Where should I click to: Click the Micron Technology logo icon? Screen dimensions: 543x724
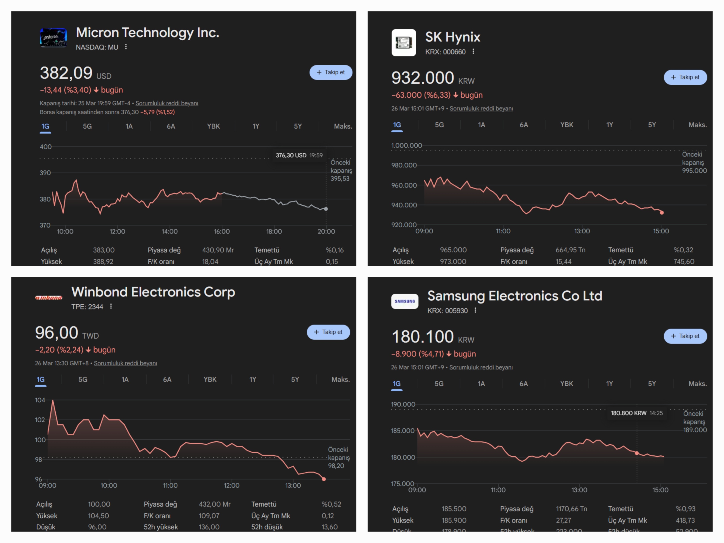click(53, 38)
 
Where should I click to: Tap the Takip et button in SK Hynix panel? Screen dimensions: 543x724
click(685, 77)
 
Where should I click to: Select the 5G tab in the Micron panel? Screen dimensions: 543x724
click(87, 126)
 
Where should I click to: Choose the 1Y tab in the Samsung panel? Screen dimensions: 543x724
click(609, 384)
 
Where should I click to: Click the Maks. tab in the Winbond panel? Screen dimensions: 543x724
click(340, 379)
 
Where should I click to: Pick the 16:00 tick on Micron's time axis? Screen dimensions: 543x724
click(222, 231)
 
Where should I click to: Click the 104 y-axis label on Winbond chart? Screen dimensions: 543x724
click(40, 400)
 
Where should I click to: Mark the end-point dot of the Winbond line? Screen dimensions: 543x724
click(324, 479)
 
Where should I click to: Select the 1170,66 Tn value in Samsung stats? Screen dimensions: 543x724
click(571, 509)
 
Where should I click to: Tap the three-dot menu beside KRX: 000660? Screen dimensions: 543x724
click(473, 51)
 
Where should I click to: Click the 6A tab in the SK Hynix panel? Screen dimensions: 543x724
click(524, 125)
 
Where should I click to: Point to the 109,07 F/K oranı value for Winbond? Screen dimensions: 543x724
click(209, 515)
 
